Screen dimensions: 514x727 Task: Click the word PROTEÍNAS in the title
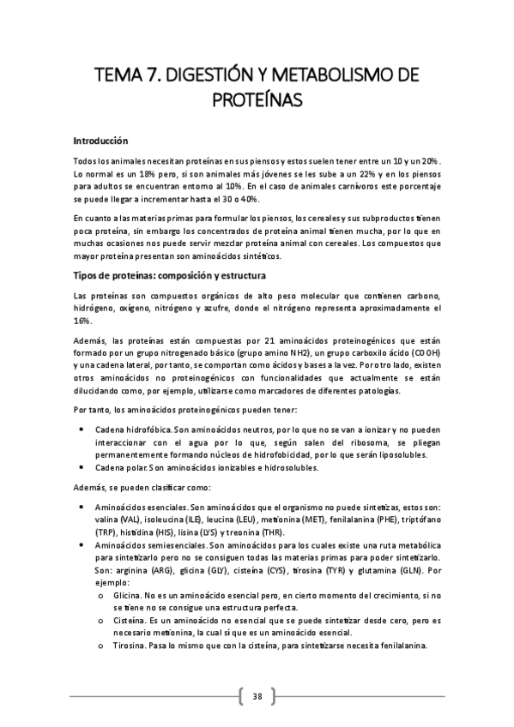click(x=257, y=101)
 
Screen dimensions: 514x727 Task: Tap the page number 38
click(x=257, y=695)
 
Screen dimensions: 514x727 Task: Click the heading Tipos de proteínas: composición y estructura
click(x=171, y=276)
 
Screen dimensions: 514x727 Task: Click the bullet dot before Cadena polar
click(x=81, y=467)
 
